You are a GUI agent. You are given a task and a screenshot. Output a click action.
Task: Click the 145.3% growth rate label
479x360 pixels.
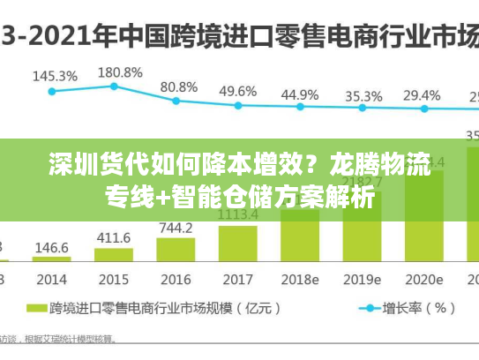coord(55,76)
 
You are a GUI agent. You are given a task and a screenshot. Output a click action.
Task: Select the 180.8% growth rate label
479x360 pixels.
coord(119,71)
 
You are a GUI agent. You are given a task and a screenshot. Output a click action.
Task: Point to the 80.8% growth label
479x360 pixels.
coord(179,86)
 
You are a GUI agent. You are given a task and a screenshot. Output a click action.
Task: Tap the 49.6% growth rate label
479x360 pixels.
coord(238,91)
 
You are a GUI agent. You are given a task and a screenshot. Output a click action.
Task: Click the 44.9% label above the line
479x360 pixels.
coord(301,94)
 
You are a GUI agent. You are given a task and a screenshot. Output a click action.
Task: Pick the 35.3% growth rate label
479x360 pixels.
coord(363,96)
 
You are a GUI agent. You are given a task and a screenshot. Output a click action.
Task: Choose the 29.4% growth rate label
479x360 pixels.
coord(422,95)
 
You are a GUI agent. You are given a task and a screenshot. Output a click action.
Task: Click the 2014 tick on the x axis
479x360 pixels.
coord(51,280)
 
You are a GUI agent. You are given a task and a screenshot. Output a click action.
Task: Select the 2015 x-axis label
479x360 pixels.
coord(113,280)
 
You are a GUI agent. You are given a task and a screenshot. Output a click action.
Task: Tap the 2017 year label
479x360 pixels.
coord(238,280)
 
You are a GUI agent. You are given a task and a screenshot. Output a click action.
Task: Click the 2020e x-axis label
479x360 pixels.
coord(424,280)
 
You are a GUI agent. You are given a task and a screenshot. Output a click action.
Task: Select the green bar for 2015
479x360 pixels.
coord(113,255)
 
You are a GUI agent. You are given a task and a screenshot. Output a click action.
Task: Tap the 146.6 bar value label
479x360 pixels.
coord(51,249)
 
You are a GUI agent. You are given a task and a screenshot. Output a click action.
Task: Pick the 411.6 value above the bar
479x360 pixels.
coord(113,238)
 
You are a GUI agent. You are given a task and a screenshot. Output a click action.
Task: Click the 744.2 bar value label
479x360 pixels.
coord(176,229)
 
